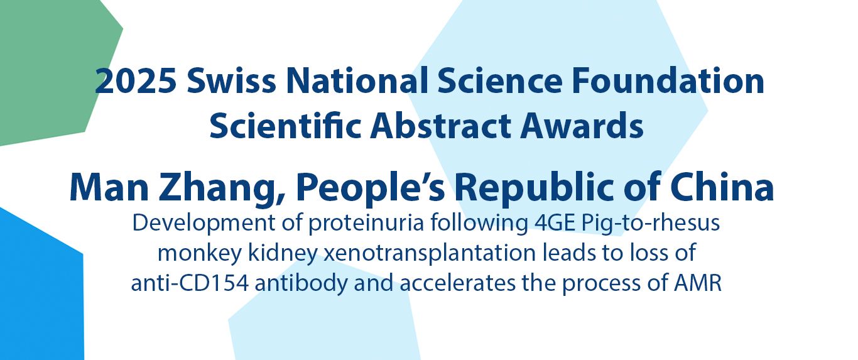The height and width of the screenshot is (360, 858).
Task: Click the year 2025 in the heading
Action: pos(136,81)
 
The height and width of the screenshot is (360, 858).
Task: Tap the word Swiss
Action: pos(231,80)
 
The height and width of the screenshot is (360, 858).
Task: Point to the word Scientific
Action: pos(285,126)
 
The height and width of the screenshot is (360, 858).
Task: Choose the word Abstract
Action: pos(440,126)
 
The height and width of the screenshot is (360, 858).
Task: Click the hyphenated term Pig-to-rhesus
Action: pos(651,224)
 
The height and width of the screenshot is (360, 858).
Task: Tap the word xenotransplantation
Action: pos(430,253)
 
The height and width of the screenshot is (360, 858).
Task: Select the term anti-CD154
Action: pos(190,283)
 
